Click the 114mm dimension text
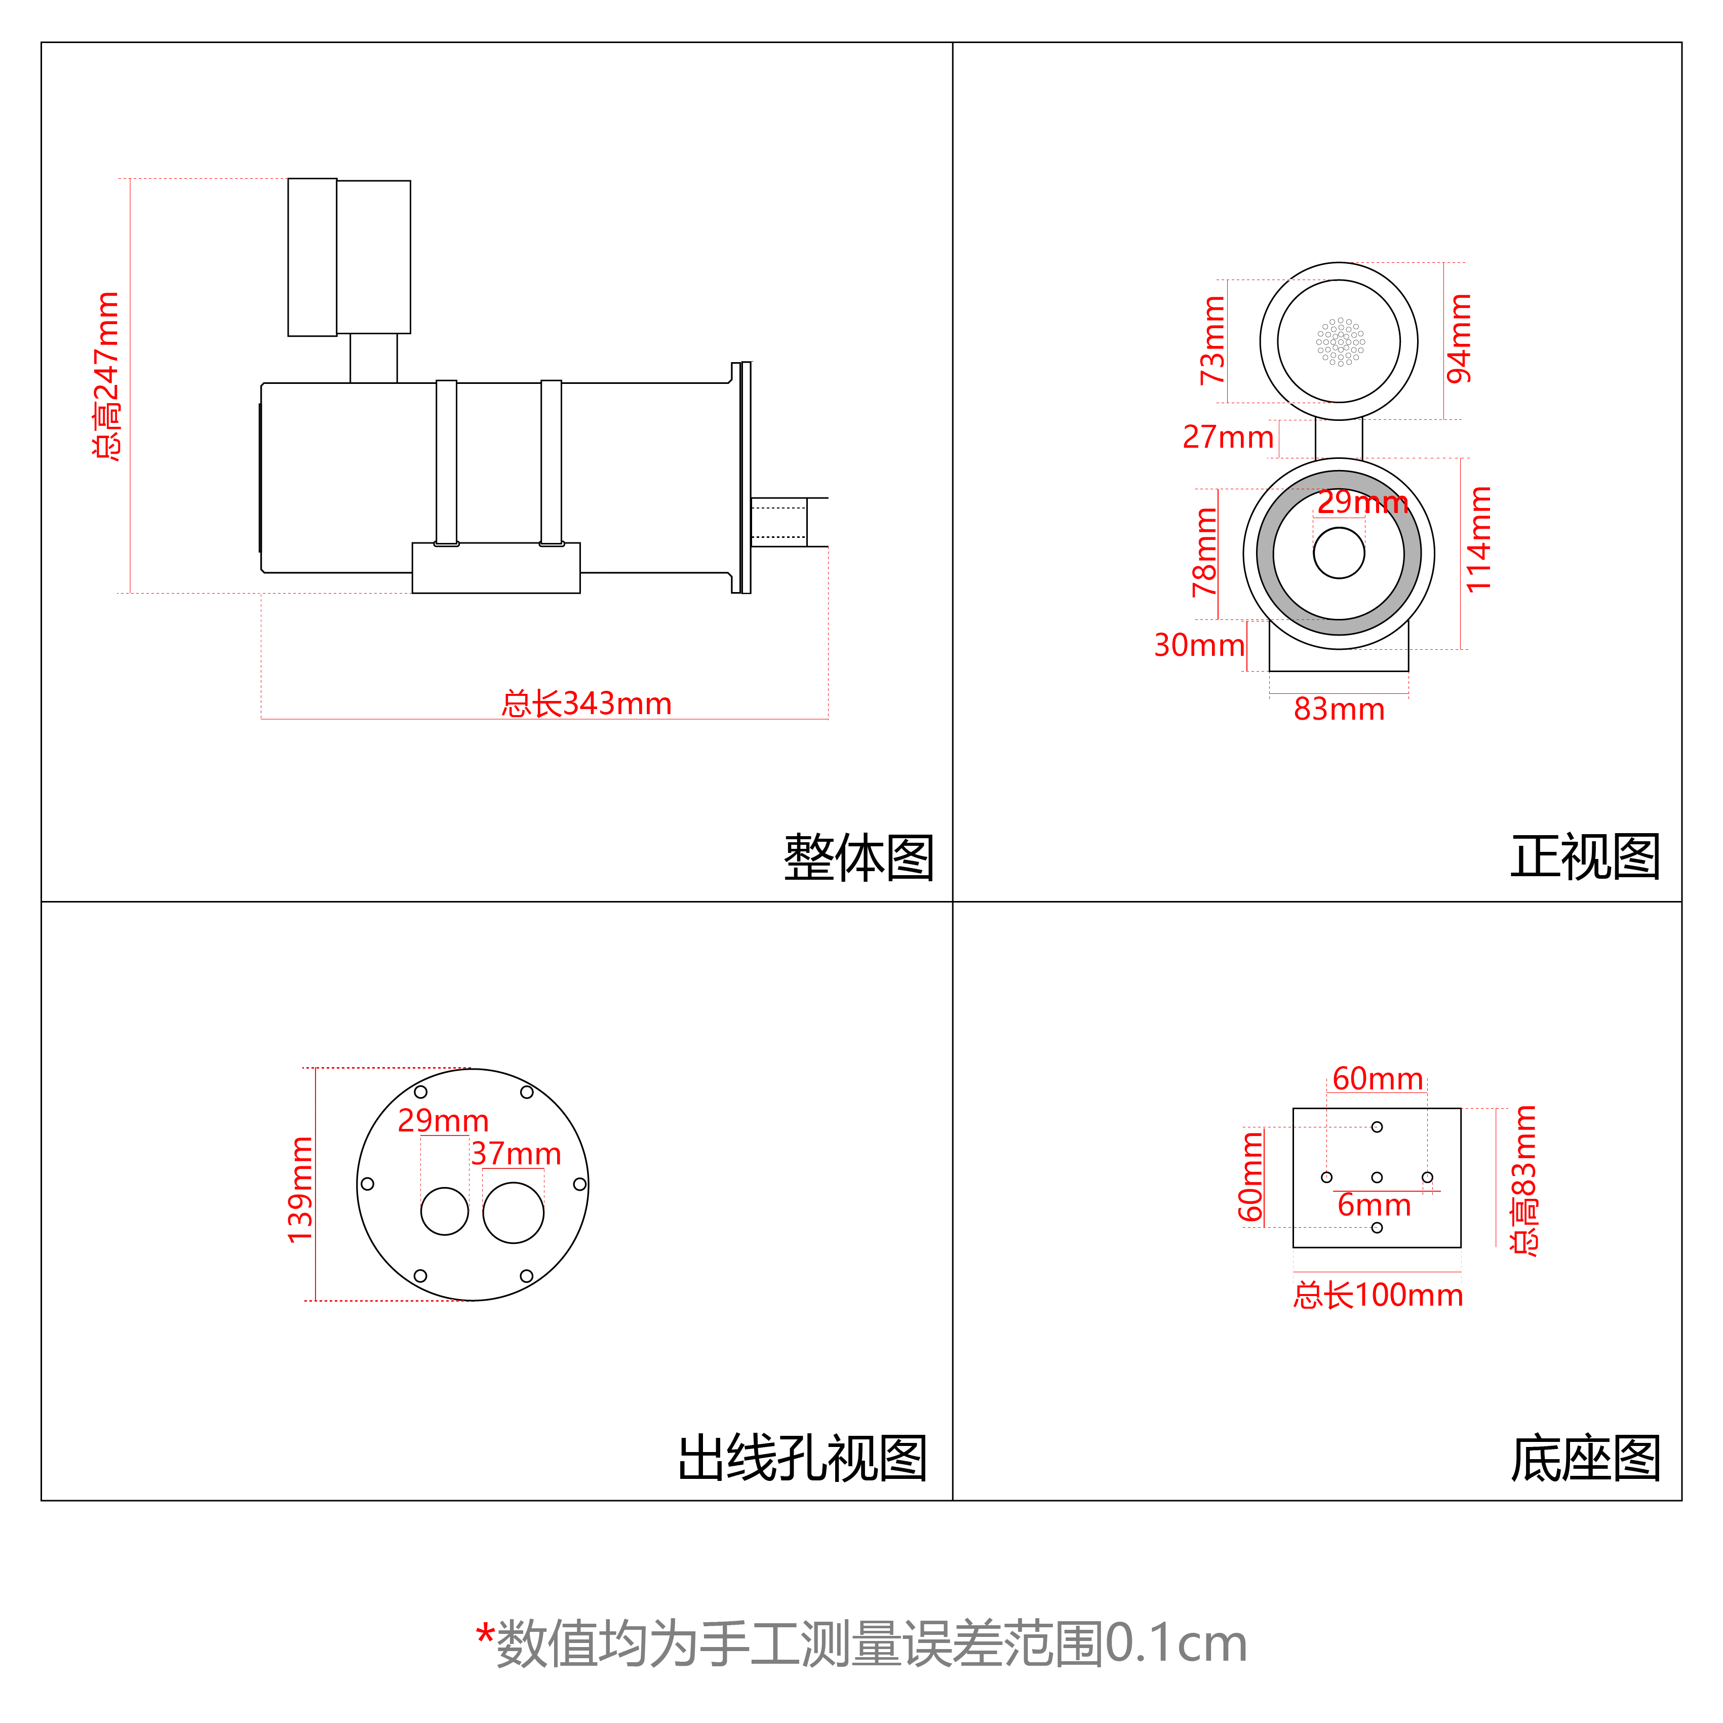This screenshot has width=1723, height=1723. click(x=1479, y=539)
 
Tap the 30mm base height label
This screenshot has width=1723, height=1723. click(x=1199, y=645)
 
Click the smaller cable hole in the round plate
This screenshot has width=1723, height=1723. click(x=444, y=1211)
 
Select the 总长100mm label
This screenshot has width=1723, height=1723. click(x=1378, y=1295)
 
